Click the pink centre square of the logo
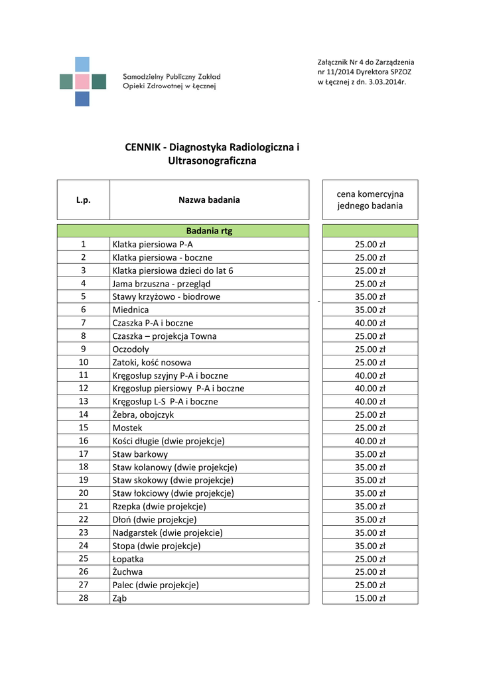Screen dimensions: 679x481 [x=82, y=82]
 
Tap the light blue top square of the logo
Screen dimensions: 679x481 [x=82, y=64]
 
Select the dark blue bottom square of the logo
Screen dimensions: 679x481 [x=82, y=99]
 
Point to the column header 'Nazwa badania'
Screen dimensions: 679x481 [x=209, y=200]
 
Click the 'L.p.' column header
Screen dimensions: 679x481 [x=83, y=200]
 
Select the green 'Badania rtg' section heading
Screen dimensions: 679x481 [x=209, y=231]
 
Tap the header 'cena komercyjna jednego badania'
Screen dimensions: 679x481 [x=370, y=200]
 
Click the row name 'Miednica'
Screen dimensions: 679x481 [x=131, y=310]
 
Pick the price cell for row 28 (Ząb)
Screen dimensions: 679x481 [x=370, y=598]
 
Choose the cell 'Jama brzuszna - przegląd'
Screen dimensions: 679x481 [x=161, y=284]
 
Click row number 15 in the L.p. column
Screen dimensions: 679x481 [x=83, y=428]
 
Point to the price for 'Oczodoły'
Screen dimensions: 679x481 [x=370, y=349]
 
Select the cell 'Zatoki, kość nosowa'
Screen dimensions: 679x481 [x=152, y=362]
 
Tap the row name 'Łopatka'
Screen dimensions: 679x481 [x=128, y=559]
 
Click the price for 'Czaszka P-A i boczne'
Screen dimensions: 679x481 [x=370, y=323]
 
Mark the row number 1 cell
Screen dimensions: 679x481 [x=83, y=244]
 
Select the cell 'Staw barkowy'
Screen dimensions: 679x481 [x=140, y=454]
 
